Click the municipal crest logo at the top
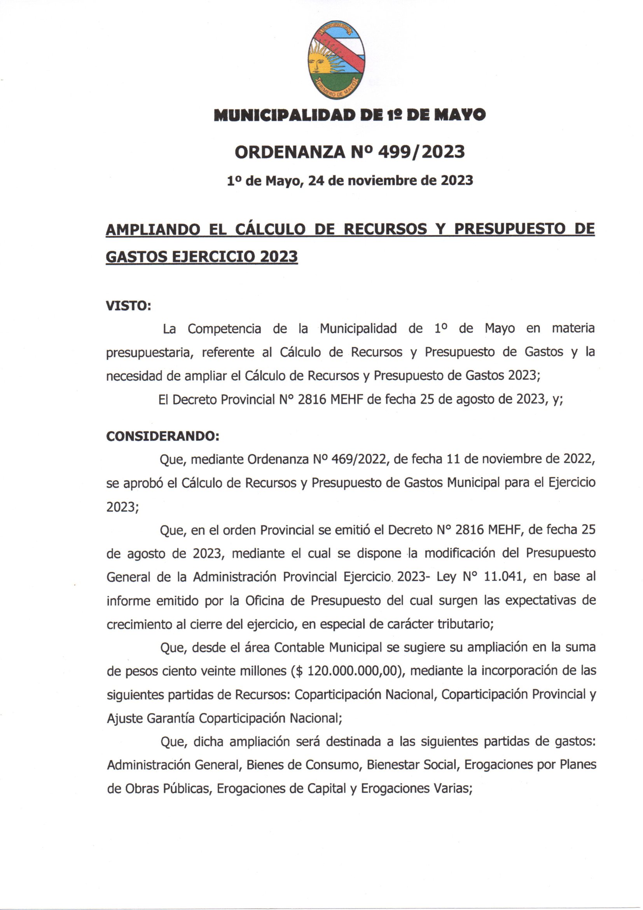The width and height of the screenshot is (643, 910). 336,60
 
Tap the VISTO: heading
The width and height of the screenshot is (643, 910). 128,306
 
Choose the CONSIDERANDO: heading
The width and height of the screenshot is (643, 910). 162,436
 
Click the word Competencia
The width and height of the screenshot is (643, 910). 224,329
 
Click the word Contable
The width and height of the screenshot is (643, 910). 299,648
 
